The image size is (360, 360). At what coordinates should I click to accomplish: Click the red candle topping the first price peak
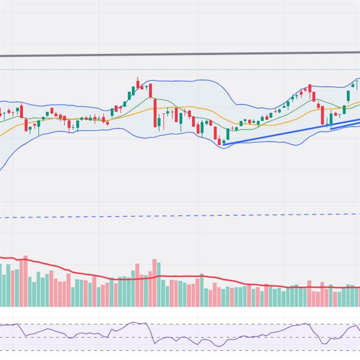[137, 83]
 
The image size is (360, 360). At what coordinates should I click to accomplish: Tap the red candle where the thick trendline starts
[220, 142]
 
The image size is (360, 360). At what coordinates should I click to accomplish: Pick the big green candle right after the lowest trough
[227, 134]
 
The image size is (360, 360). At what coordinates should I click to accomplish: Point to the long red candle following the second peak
[322, 115]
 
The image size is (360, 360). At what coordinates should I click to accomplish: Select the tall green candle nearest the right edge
[348, 95]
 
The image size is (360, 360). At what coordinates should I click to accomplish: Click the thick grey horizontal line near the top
[180, 54]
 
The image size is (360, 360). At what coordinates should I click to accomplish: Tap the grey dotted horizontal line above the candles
[180, 70]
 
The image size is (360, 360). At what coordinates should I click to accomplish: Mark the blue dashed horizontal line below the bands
[180, 215]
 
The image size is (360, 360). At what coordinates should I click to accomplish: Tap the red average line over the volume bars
[180, 278]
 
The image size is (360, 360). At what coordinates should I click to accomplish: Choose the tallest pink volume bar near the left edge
[25, 282]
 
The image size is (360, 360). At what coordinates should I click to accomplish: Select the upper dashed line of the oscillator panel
[180, 325]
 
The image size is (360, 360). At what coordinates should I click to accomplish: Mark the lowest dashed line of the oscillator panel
[180, 350]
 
